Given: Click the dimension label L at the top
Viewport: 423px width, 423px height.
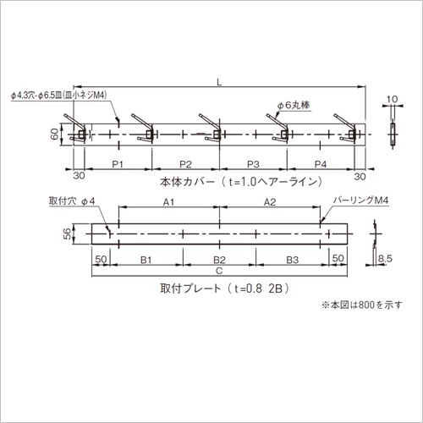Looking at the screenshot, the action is click(x=219, y=82).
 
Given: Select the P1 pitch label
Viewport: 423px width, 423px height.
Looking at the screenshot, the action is click(x=118, y=164).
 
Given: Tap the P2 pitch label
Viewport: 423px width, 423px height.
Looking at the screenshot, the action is click(x=185, y=164).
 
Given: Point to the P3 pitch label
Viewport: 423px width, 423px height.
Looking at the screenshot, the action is click(x=253, y=164).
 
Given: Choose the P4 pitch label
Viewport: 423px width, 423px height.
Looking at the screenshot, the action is click(x=321, y=164).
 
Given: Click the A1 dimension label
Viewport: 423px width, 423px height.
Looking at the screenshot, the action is click(x=168, y=202).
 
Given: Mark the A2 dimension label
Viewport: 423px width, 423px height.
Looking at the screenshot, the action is click(x=270, y=202).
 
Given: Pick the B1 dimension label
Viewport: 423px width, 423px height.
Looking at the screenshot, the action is click(x=146, y=260).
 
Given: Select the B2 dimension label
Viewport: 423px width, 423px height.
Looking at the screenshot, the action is click(x=219, y=260).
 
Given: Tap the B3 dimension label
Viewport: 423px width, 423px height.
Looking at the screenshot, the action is click(x=293, y=260).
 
